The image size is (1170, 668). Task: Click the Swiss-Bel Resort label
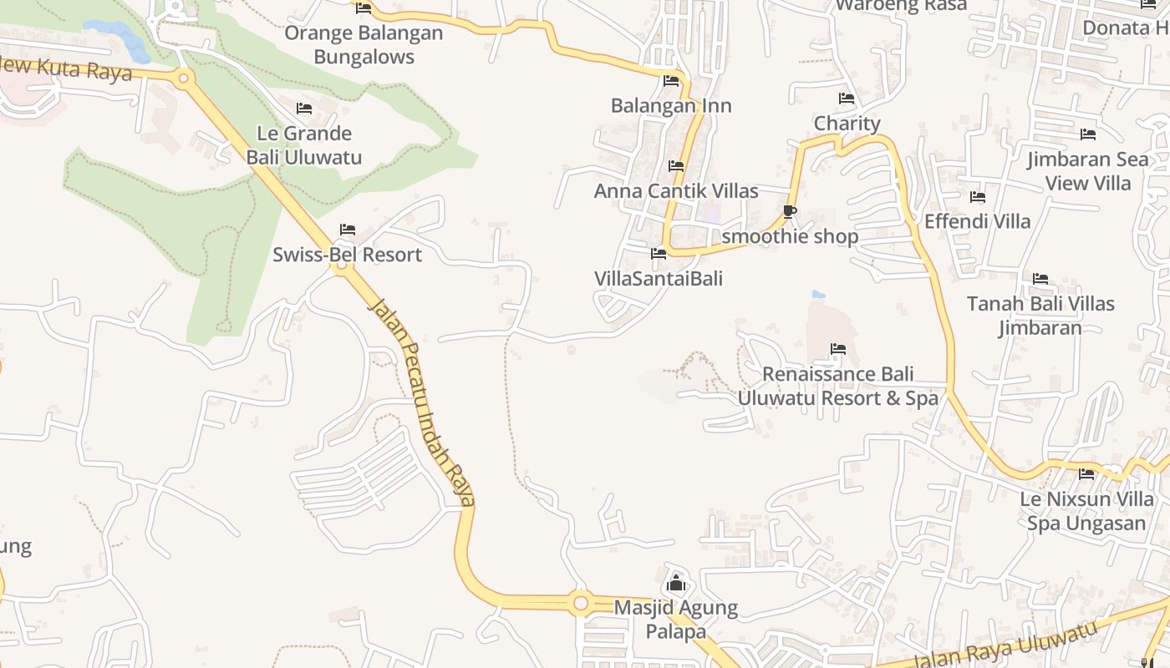tap(347, 255)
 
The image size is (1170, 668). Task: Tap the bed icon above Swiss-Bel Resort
tap(348, 230)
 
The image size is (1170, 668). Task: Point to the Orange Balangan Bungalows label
tap(364, 45)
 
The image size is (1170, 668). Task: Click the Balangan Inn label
tap(671, 106)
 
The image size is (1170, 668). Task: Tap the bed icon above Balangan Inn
tap(671, 81)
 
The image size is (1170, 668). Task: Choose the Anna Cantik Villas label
tap(676, 191)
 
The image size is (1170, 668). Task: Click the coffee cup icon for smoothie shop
tap(790, 211)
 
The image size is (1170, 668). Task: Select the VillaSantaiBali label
tap(659, 279)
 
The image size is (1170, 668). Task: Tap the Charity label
tap(847, 124)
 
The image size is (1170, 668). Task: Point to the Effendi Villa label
tap(977, 222)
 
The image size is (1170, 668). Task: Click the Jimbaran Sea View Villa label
tap(1088, 171)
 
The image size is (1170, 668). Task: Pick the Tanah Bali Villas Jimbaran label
tap(1040, 316)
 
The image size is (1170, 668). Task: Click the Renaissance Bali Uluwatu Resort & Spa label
tap(838, 386)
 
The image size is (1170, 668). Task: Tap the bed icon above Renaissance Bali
tap(838, 349)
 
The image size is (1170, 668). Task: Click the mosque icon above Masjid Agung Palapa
tap(676, 583)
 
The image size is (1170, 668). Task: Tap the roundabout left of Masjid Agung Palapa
tap(580, 602)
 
